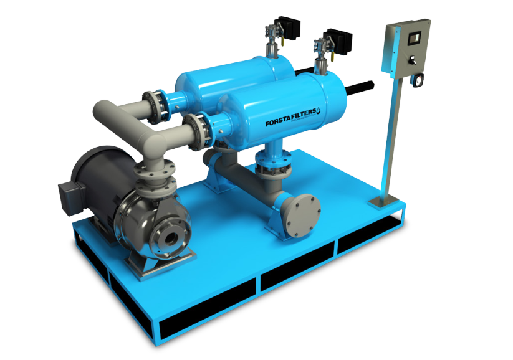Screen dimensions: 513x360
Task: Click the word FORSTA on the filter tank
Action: pyautogui.click(x=278, y=121)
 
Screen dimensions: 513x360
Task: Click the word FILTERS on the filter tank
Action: pyautogui.click(x=304, y=114)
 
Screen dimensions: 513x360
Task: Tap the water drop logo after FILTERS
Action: pyautogui.click(x=319, y=111)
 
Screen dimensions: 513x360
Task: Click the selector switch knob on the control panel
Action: pyautogui.click(x=412, y=60)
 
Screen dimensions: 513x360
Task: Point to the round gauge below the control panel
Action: pyautogui.click(x=418, y=80)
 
